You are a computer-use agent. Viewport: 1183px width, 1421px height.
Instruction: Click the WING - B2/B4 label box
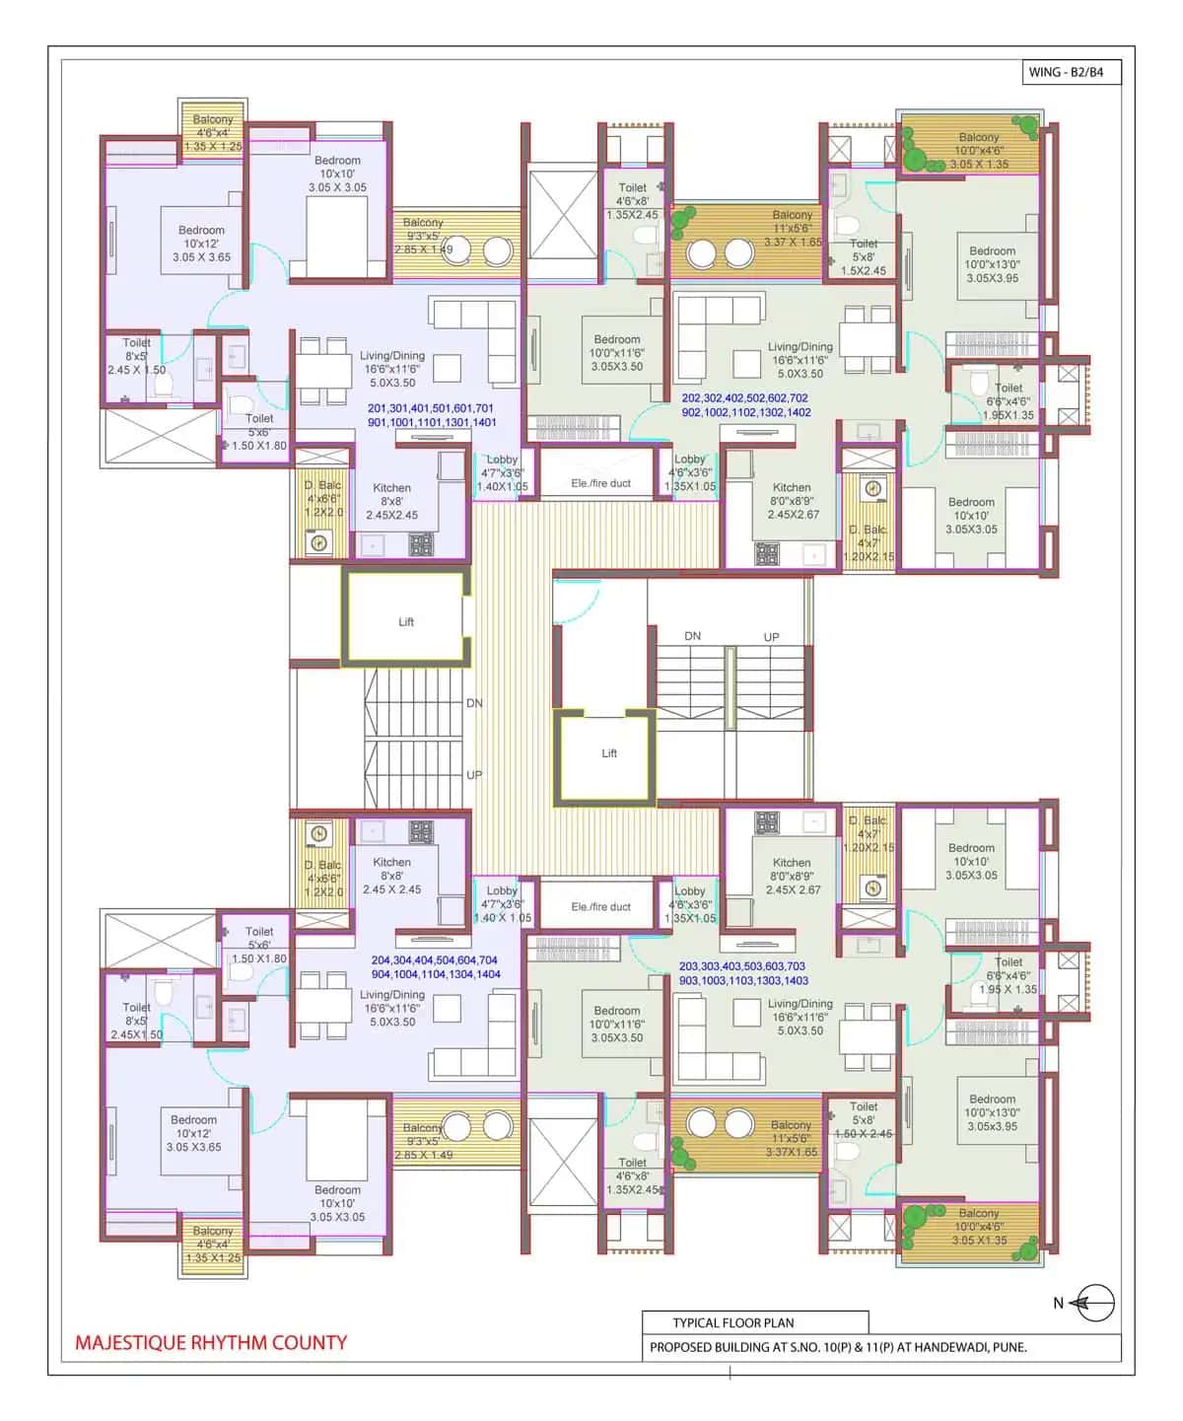click(1073, 72)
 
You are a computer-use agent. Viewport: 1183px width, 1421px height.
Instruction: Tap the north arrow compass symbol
click(1093, 1303)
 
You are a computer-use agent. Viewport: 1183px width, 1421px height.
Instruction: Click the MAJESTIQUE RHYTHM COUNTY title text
click(211, 1342)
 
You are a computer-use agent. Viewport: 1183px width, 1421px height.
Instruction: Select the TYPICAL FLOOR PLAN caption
click(732, 1322)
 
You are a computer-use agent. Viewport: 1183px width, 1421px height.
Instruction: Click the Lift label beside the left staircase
click(406, 622)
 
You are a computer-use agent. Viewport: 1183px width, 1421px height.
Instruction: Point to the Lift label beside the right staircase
click(609, 753)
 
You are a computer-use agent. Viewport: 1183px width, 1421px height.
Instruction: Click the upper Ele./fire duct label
click(600, 483)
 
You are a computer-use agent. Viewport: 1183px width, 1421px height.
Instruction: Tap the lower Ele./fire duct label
click(600, 906)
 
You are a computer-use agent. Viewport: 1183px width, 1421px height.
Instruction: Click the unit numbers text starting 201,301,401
click(431, 415)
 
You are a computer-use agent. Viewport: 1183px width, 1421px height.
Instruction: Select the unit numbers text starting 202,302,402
click(746, 405)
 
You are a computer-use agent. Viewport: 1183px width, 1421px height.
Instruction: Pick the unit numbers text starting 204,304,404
click(435, 966)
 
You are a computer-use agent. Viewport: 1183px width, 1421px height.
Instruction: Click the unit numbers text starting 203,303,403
click(743, 973)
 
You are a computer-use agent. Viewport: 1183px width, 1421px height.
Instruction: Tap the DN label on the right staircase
click(693, 636)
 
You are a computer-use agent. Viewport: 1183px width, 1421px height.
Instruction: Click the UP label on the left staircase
click(474, 775)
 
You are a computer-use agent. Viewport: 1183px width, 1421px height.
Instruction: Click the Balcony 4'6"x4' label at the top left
click(213, 133)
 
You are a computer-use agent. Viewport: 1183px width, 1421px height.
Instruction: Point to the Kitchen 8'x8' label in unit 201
click(391, 501)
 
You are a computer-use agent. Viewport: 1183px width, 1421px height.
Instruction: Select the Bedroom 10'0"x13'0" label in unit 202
click(992, 264)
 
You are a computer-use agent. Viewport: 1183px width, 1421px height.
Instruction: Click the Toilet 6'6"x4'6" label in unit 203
click(1008, 975)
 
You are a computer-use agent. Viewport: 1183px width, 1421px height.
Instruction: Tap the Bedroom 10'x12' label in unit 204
click(193, 1133)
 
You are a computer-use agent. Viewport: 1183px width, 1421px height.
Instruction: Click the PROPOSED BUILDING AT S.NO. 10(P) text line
click(838, 1347)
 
